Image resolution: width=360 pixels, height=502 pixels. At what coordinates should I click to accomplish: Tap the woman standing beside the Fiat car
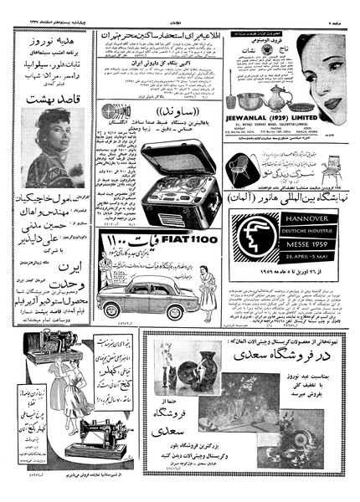pyautogui.click(x=105, y=276)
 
